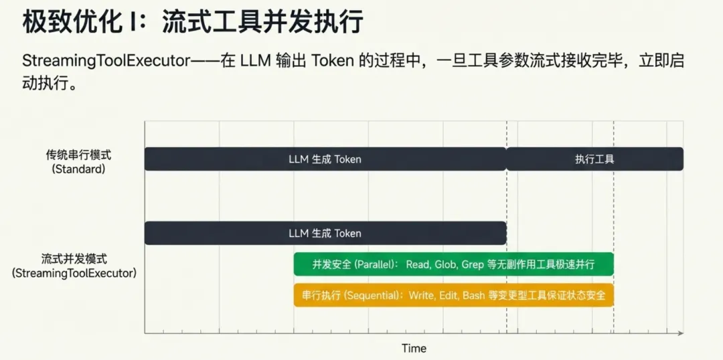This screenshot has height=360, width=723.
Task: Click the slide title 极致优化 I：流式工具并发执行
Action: (x=193, y=21)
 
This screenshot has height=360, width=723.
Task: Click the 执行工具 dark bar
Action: (x=594, y=159)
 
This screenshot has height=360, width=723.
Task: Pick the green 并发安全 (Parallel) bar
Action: (x=453, y=264)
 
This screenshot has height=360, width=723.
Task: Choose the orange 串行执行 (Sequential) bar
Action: (x=453, y=295)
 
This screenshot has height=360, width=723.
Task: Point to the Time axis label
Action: (x=414, y=348)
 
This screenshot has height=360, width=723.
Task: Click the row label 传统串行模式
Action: (x=78, y=155)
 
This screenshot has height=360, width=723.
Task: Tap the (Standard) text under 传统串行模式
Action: (x=78, y=169)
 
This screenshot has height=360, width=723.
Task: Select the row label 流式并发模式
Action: (x=74, y=258)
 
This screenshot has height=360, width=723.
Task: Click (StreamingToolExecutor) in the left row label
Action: (x=74, y=273)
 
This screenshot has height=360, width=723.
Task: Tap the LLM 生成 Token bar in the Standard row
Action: (x=325, y=159)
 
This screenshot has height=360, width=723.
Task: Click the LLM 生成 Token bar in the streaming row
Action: (x=325, y=234)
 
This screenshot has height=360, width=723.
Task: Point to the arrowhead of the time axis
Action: (x=680, y=333)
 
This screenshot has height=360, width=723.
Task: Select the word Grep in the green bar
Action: (x=473, y=264)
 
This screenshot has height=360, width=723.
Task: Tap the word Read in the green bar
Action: (x=418, y=264)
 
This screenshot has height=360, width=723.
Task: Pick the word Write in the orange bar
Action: (x=421, y=295)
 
